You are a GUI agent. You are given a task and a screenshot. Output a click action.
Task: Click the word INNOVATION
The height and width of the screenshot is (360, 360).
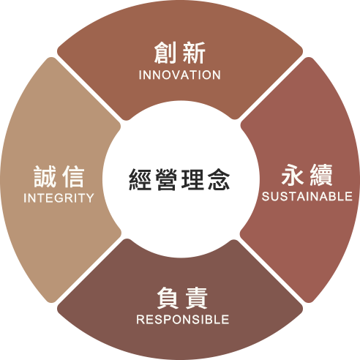click(x=180, y=75)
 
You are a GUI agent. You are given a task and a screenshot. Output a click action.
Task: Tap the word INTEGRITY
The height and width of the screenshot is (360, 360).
click(x=59, y=198)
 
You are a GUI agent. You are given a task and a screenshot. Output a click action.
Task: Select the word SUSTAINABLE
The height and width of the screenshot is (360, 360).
click(x=307, y=196)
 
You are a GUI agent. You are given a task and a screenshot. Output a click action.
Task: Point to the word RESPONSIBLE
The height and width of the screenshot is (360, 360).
click(x=183, y=319)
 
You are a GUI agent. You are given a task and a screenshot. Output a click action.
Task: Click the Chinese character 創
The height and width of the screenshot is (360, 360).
click(x=165, y=53)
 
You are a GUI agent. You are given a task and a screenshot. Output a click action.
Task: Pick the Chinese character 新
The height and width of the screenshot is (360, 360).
click(x=194, y=53)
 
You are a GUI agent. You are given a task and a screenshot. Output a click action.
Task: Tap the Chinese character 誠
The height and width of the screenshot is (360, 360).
click(x=45, y=176)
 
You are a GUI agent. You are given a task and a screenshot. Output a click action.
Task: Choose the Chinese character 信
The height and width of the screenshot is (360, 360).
click(x=73, y=176)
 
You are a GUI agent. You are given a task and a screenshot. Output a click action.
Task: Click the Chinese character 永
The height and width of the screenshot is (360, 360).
click(x=293, y=175)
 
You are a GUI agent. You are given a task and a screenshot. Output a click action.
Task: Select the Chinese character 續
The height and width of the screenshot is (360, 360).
click(x=321, y=175)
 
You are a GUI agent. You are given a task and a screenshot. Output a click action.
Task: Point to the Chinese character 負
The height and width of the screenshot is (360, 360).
click(x=168, y=298)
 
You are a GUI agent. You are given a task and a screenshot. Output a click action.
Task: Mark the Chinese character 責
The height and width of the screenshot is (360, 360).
click(x=196, y=298)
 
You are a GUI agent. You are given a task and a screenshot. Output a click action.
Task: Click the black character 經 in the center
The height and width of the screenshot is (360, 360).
click(x=140, y=179)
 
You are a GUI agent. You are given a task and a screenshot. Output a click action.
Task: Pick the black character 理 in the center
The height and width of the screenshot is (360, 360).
click(x=192, y=179)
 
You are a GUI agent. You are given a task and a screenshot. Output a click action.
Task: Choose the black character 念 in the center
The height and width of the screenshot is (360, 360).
click(x=219, y=179)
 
